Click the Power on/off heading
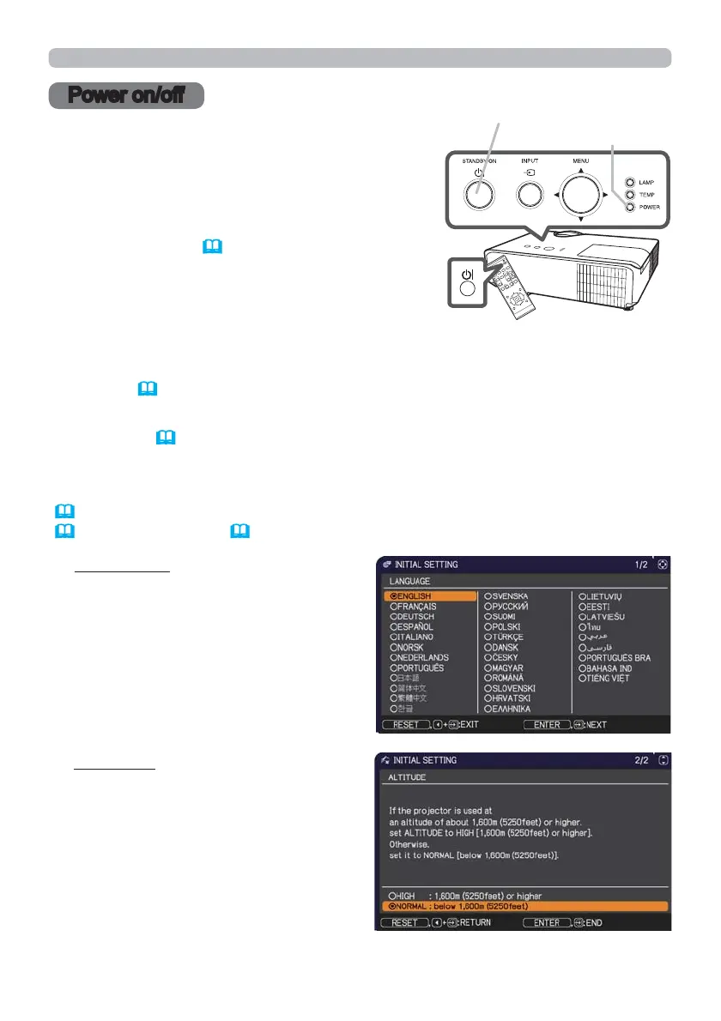point(126,95)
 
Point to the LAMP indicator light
point(631,182)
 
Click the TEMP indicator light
point(631,194)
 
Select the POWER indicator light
point(631,207)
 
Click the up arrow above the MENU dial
point(581,171)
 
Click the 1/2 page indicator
point(641,565)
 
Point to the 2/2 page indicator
point(640,760)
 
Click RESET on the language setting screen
point(406,724)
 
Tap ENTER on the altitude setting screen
point(547,923)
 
